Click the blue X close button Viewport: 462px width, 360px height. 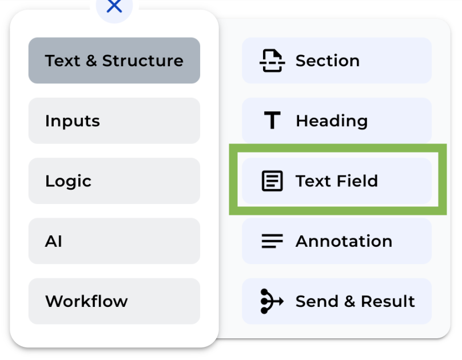point(114,7)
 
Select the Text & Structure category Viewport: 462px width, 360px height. point(114,61)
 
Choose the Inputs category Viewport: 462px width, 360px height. point(114,121)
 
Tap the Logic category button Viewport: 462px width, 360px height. point(114,181)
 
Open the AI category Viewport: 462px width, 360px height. point(114,241)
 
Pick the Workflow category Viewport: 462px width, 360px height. point(114,301)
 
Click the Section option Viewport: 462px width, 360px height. point(337,61)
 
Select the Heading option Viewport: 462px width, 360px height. point(337,121)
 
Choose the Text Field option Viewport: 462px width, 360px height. point(337,181)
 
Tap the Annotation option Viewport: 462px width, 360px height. point(337,241)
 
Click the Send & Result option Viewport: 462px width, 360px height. point(337,301)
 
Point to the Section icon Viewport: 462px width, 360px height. point(272,61)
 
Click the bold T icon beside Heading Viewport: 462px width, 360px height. point(272,121)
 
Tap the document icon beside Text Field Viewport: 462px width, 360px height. point(272,181)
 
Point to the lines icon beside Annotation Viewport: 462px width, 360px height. point(272,241)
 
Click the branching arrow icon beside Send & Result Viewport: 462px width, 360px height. point(272,301)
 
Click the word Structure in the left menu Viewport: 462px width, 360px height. point(143,61)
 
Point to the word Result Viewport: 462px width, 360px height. point(388,301)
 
